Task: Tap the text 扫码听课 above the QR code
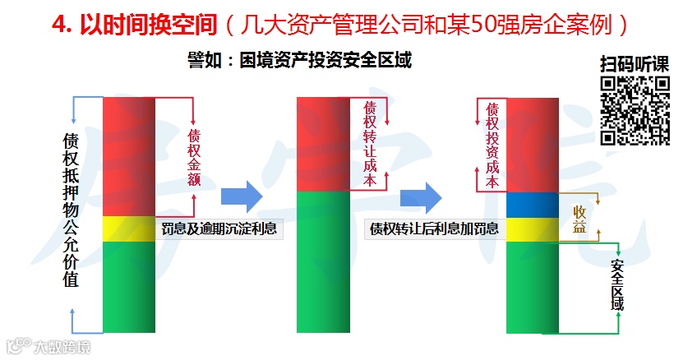635,64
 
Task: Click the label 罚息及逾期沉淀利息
220,228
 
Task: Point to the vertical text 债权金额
194,156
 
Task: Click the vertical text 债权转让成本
369,145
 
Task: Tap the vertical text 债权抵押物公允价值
72,210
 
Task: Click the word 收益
579,219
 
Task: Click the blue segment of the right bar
533,204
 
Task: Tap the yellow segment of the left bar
129,228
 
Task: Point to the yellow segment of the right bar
533,229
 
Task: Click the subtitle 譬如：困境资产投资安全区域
299,60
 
